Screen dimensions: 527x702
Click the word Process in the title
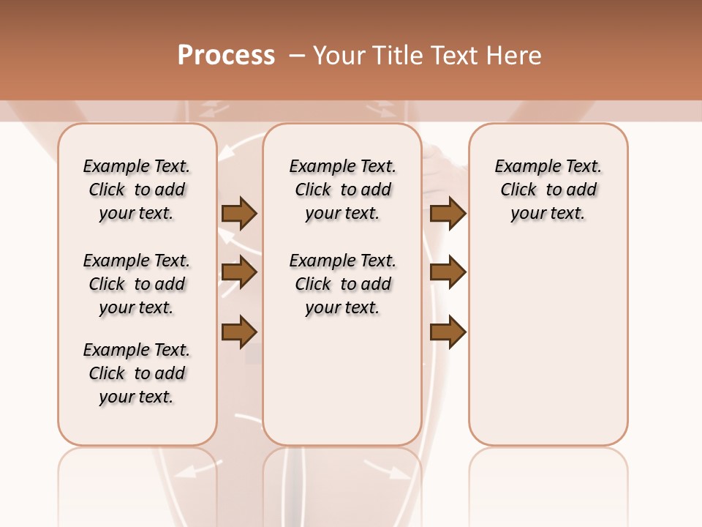click(226, 56)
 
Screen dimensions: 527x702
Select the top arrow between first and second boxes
click(239, 213)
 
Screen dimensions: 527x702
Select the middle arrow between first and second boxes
click(239, 273)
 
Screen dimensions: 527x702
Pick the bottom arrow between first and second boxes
click(239, 332)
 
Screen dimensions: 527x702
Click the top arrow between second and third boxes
click(448, 213)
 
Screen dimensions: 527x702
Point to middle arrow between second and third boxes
click(448, 273)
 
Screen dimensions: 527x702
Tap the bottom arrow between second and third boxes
click(448, 332)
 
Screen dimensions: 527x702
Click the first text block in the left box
click(137, 190)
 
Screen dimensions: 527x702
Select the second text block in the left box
click(137, 284)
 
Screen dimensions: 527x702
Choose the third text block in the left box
click(137, 373)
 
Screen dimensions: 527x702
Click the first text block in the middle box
click(343, 190)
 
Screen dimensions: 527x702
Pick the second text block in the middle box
click(343, 284)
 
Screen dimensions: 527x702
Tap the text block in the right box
click(548, 190)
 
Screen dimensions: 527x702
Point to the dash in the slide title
click(297, 56)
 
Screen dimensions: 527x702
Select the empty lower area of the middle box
click(343, 381)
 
